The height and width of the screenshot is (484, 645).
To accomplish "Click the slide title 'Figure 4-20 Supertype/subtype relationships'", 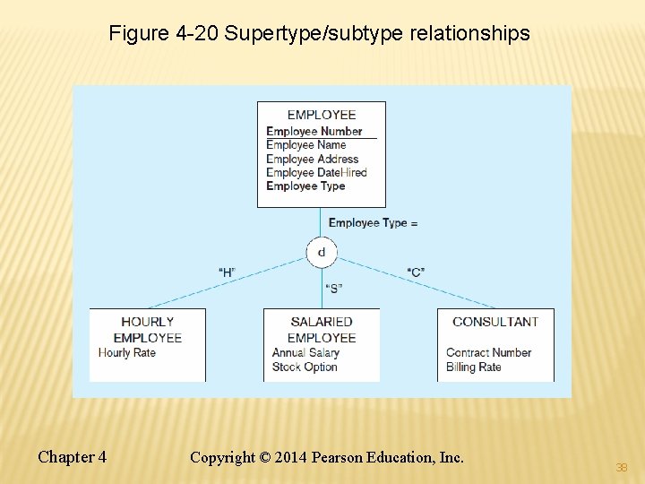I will (x=319, y=34).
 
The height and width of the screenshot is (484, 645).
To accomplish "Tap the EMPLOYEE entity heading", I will (x=322, y=115).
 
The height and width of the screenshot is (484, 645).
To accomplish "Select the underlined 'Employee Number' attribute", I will (x=314, y=131).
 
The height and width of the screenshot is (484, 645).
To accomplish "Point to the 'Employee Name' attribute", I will (x=305, y=144).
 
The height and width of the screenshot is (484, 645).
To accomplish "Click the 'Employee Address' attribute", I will (x=312, y=159).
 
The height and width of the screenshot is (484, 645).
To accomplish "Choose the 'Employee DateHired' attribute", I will (x=316, y=172).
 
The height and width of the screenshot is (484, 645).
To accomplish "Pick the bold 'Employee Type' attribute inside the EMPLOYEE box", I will (x=305, y=186).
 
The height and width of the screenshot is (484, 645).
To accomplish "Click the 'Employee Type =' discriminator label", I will (x=373, y=222).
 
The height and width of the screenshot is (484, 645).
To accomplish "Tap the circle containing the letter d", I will (x=322, y=252).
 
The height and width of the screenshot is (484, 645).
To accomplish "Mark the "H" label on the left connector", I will (x=228, y=272).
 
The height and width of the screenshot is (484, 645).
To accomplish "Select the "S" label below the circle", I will (x=333, y=288).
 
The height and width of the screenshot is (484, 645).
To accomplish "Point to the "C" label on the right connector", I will (x=416, y=272).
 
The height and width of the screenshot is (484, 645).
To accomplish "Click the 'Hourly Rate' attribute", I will (x=126, y=352).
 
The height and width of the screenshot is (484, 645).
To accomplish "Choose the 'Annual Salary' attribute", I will (x=305, y=352).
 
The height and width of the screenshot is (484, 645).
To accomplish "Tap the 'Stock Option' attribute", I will (x=305, y=367).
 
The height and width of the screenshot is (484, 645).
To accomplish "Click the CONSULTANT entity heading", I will (x=495, y=322).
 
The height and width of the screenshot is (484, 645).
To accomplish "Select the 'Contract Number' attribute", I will (x=488, y=352).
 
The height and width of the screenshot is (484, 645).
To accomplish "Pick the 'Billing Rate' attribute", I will (x=473, y=367).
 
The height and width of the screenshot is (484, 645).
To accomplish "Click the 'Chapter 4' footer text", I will (x=72, y=457).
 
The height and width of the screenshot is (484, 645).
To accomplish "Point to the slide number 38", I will (x=621, y=467).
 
